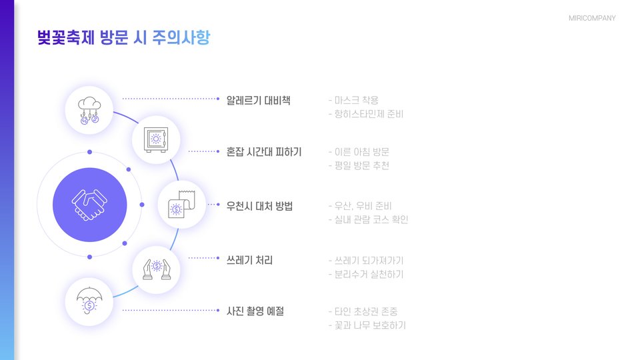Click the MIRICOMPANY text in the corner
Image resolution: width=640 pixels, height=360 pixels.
[592, 18]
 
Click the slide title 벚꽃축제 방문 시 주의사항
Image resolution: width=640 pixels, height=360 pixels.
[124, 37]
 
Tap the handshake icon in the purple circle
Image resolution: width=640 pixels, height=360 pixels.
[89, 205]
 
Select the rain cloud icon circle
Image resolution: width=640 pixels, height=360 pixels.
[89, 110]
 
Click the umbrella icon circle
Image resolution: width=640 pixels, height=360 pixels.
[89, 302]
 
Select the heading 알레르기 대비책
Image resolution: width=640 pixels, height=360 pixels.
[258, 101]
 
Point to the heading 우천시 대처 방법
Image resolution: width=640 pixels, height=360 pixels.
[259, 205]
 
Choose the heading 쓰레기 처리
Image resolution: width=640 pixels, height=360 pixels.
[249, 259]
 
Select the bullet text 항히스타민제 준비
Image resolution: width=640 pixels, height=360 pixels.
[369, 114]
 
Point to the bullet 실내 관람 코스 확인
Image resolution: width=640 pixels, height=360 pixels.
[371, 219]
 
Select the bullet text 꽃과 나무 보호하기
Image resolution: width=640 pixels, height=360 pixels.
[370, 325]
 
